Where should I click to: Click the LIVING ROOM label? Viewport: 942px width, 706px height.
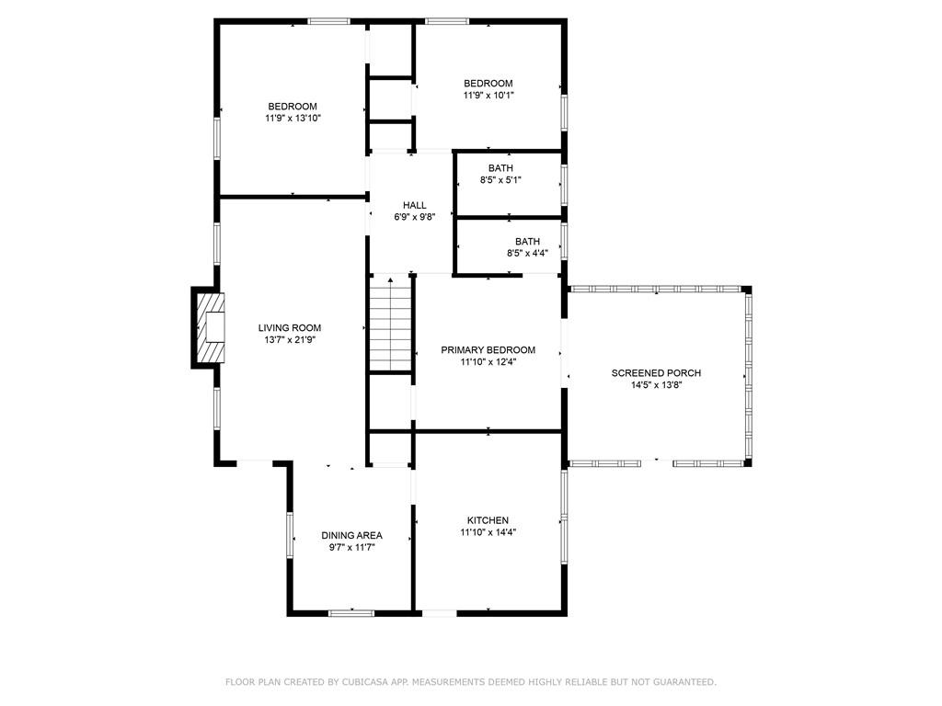click(x=290, y=328)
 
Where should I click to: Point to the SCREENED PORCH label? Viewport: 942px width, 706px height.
click(x=656, y=373)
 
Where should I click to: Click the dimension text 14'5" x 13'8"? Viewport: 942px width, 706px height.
click(x=656, y=385)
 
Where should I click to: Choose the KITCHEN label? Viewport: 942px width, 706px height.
click(x=488, y=520)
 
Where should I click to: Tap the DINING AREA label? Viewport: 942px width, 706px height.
click(x=351, y=536)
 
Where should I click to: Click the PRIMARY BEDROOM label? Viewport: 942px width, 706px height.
click(x=488, y=350)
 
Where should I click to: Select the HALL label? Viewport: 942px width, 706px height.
click(x=415, y=205)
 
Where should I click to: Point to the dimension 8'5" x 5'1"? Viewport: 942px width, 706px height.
click(x=500, y=180)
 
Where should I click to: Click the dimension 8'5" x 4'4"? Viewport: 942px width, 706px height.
click(x=527, y=254)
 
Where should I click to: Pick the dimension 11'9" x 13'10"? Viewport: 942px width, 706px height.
click(x=293, y=119)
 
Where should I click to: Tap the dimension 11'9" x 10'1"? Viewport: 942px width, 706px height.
click(x=488, y=95)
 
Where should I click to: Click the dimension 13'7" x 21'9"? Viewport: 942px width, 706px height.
click(x=290, y=340)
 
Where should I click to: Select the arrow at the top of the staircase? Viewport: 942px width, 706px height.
click(x=390, y=279)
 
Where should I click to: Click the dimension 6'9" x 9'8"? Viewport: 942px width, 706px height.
click(x=415, y=217)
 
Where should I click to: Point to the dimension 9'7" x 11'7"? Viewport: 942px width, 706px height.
click(x=351, y=548)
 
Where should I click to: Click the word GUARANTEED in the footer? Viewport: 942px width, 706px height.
click(x=684, y=682)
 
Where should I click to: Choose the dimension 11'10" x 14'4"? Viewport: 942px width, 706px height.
click(x=488, y=532)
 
